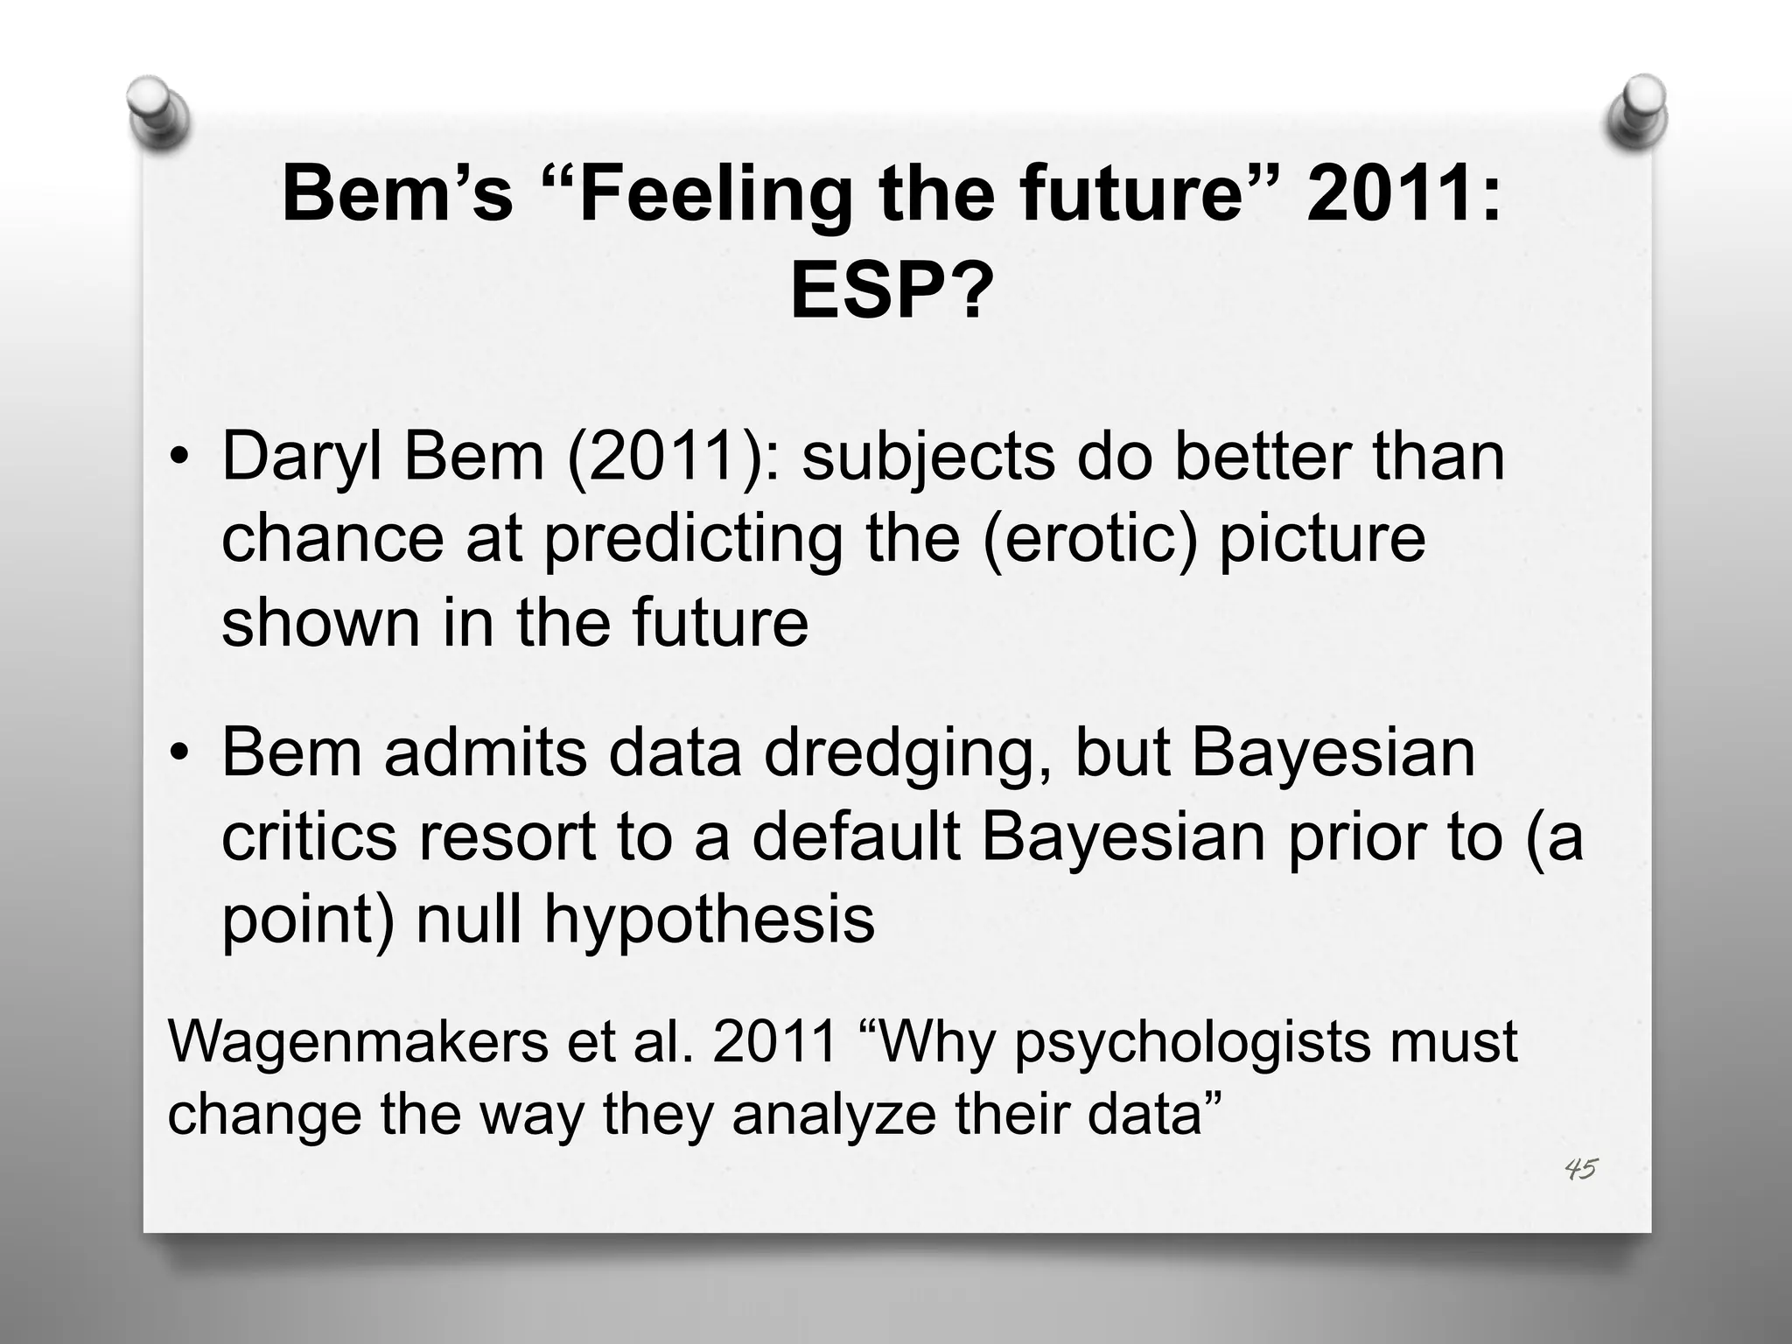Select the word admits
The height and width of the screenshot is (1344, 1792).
[485, 752]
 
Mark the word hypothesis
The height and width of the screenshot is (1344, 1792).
[709, 920]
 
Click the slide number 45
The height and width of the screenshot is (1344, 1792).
[1581, 1168]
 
